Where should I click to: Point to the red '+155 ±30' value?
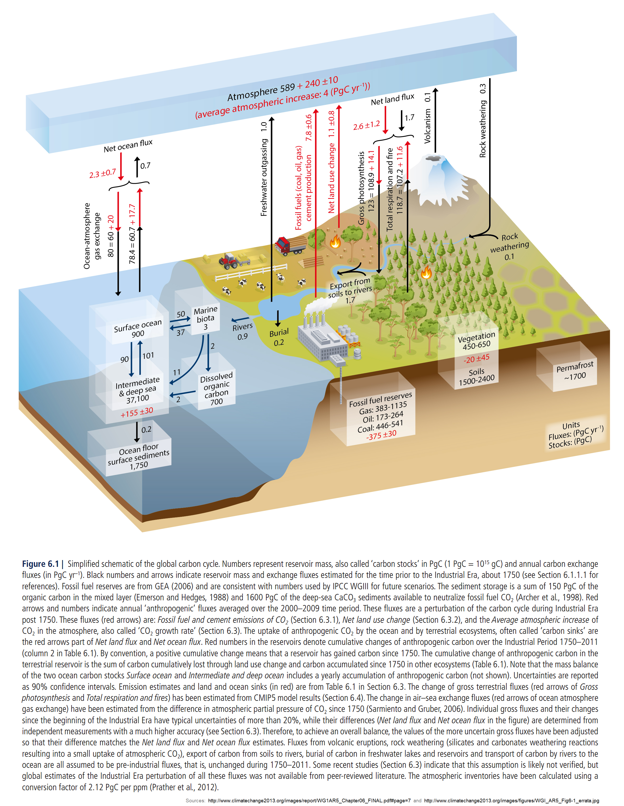click(137, 412)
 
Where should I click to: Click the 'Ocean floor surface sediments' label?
click(139, 457)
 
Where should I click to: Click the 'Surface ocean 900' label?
click(138, 328)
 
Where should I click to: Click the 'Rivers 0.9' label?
click(242, 331)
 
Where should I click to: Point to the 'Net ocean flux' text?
click(128, 146)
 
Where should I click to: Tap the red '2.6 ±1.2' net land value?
click(366, 125)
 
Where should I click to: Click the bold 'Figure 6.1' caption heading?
click(40, 564)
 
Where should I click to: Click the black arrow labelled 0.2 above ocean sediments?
click(137, 432)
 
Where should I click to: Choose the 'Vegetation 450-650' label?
click(476, 341)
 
